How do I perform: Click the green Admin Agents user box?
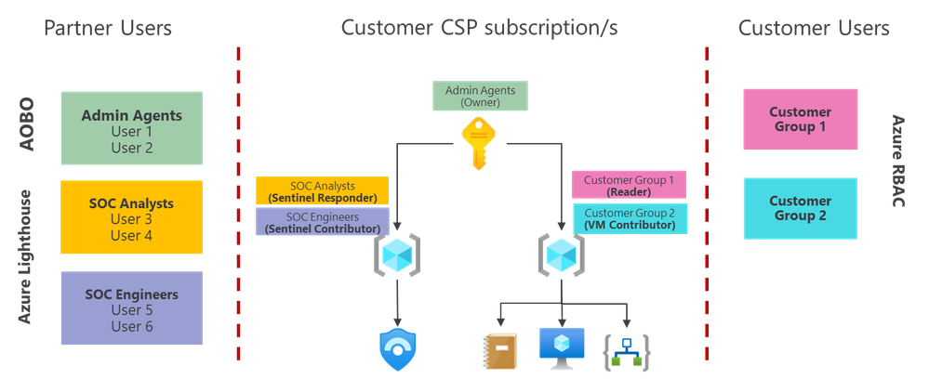(x=130, y=128)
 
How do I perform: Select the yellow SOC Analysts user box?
(x=130, y=217)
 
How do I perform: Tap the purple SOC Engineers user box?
(x=130, y=307)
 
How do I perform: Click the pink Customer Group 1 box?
(x=800, y=120)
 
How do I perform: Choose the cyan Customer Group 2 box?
(x=800, y=208)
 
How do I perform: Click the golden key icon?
(x=479, y=145)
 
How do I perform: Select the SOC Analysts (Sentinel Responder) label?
(x=321, y=190)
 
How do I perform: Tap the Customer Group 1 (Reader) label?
(x=629, y=185)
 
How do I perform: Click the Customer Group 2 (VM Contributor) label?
(x=630, y=218)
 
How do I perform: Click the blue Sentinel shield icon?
(x=398, y=349)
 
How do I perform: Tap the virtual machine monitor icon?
(x=563, y=346)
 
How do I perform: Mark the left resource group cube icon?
(x=398, y=254)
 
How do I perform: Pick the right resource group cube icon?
(x=561, y=254)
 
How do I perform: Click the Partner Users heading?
(x=108, y=28)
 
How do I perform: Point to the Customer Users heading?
(x=815, y=28)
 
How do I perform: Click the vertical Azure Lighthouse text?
(x=27, y=256)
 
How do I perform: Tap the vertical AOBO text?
(x=27, y=121)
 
